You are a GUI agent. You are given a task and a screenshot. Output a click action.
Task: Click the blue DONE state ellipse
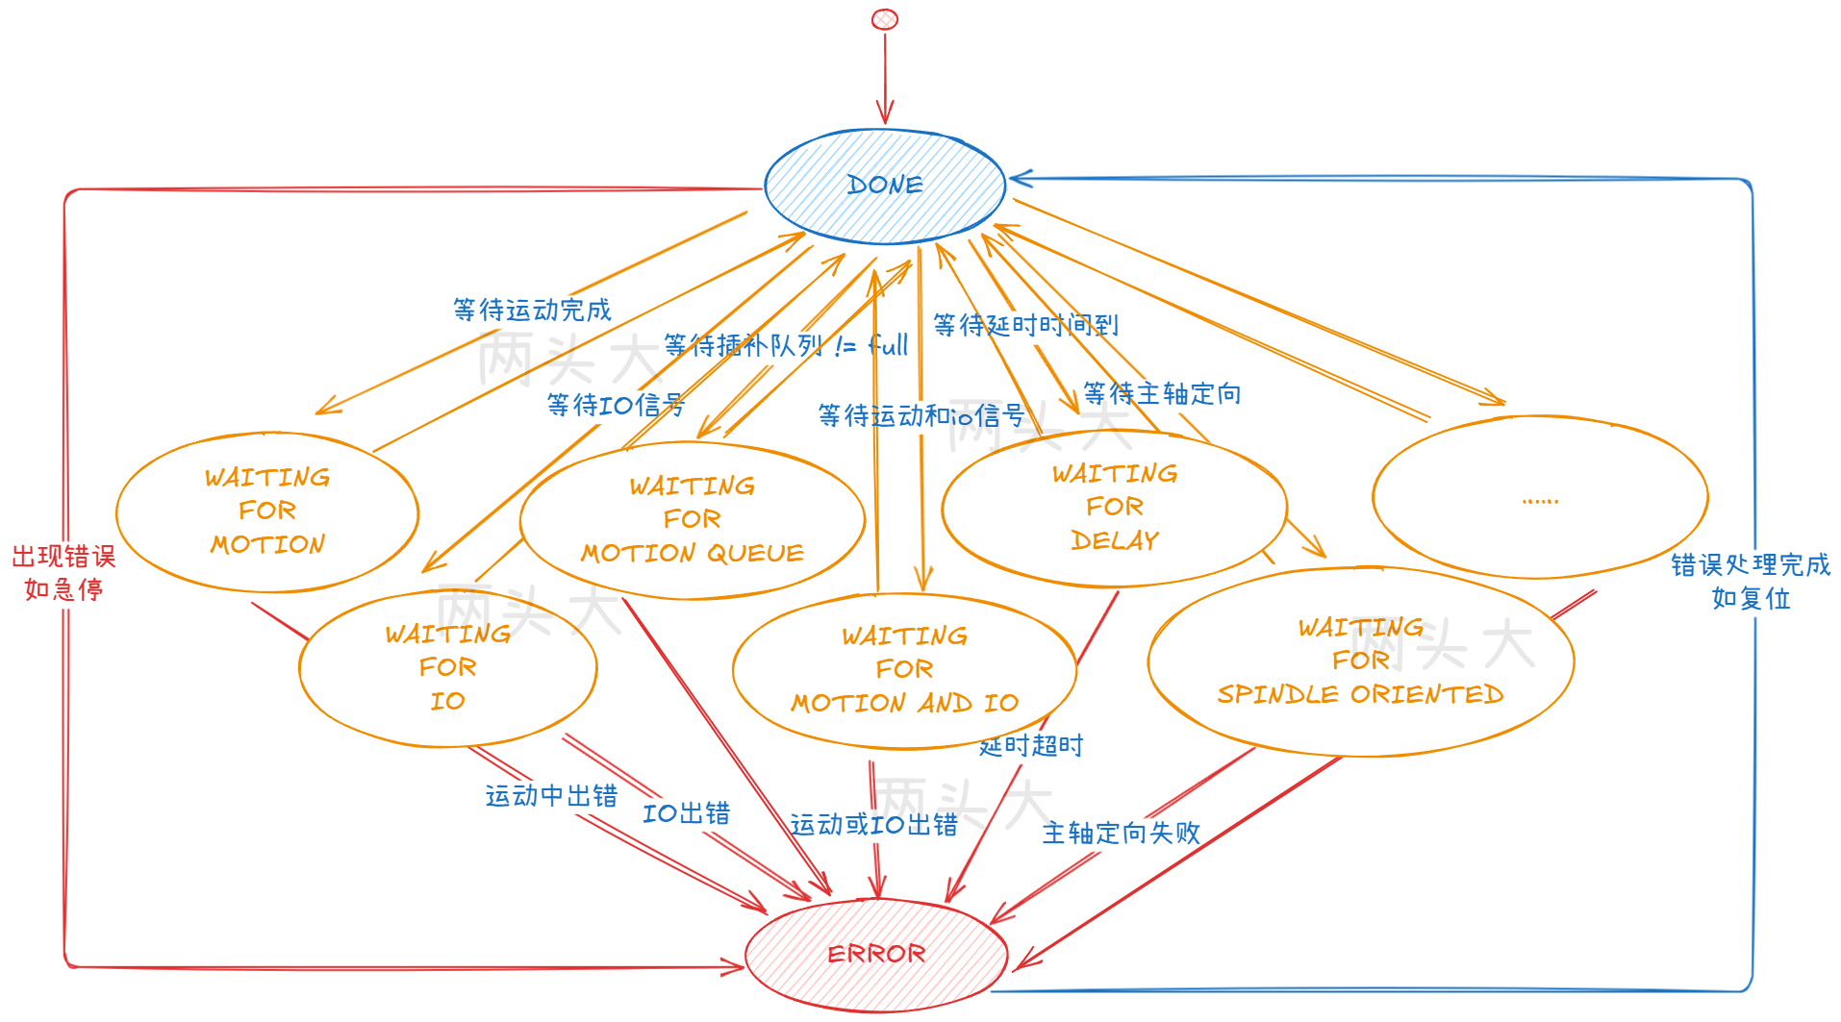pos(884,185)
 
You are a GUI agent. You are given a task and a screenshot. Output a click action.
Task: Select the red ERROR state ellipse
pos(875,954)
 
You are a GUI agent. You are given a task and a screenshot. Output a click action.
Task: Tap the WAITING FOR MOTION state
pos(267,511)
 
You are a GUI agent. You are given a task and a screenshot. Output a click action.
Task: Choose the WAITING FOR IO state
pos(447,667)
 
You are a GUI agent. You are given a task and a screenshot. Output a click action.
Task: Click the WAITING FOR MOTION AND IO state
pos(904,669)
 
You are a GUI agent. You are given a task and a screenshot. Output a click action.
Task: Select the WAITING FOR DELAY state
pos(1114,507)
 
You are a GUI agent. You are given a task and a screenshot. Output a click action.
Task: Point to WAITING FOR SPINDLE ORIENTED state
pos(1360,661)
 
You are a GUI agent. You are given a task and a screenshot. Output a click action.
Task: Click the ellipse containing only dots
pos(1540,497)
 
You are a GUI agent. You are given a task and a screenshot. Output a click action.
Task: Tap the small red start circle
pos(884,19)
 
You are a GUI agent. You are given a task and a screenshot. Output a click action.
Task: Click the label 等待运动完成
pos(532,310)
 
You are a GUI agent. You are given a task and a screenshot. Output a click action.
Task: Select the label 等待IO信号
pos(616,405)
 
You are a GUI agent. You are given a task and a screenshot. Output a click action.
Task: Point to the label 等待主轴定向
pos(1162,393)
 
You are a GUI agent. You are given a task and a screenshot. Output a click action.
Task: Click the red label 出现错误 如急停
pos(63,573)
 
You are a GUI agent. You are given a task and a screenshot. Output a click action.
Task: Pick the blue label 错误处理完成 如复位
pos(1750,581)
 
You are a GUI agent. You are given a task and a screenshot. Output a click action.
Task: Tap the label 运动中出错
pos(551,796)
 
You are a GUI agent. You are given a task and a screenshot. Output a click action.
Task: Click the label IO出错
pos(686,813)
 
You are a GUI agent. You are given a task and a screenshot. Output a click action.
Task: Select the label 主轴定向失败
pos(1121,833)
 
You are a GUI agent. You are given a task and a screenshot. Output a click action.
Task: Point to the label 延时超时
pos(1031,745)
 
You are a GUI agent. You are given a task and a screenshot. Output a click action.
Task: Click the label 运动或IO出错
pos(873,825)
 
